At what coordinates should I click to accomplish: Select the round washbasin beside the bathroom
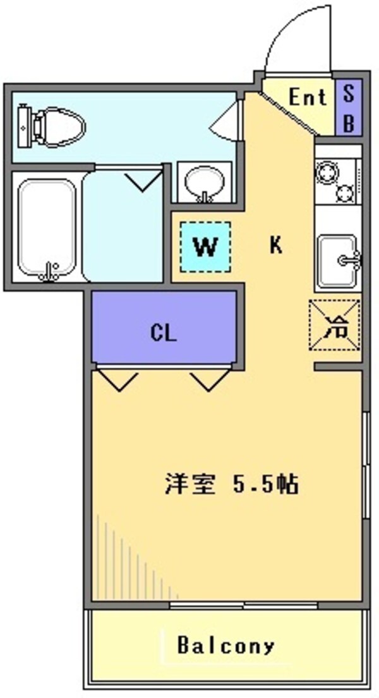[204, 183]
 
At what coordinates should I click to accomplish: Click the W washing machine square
[205, 247]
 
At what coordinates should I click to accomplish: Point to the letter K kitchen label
[275, 245]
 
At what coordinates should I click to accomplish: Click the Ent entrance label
[308, 98]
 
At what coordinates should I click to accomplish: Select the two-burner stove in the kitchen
[336, 181]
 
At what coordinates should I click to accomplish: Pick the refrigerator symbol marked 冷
[334, 324]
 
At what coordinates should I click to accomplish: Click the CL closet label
[163, 332]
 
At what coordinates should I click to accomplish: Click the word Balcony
[226, 646]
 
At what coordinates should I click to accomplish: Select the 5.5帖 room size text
[265, 485]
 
